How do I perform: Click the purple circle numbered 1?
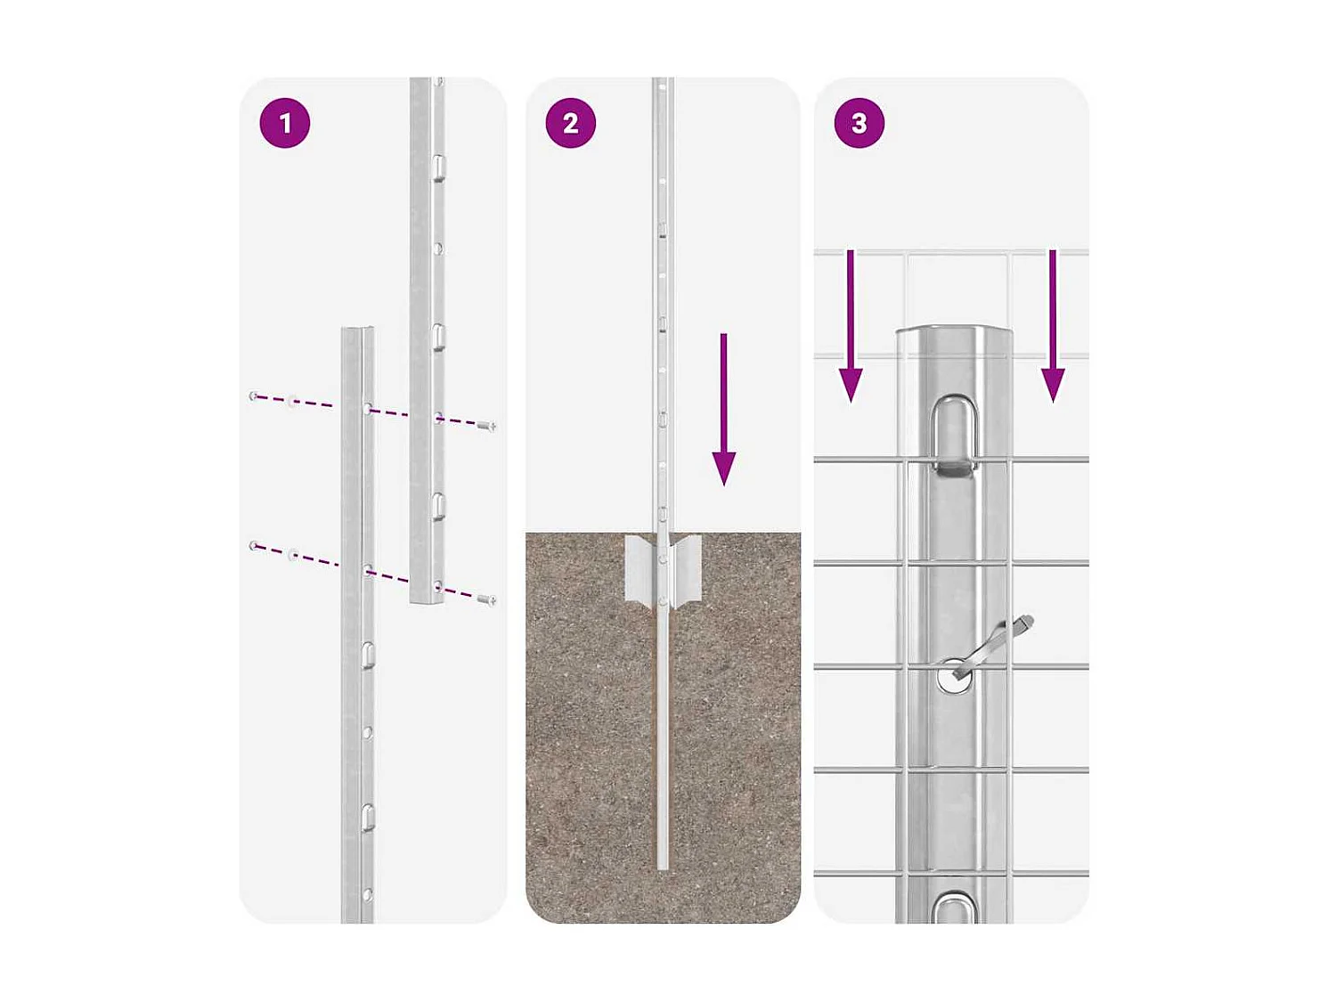tap(284, 123)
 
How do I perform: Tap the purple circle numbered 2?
tap(570, 123)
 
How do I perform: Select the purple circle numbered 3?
tap(859, 123)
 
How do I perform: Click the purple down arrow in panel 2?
tap(724, 410)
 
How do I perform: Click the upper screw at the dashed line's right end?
tap(485, 426)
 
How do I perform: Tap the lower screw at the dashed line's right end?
tap(485, 599)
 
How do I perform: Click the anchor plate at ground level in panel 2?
tap(663, 570)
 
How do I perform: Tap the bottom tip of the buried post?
tap(663, 866)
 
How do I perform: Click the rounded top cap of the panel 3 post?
tap(953, 334)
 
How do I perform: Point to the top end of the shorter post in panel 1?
tap(357, 330)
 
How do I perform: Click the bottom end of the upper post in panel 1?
tap(426, 601)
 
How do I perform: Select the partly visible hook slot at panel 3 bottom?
tap(953, 908)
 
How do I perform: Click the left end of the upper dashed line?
tap(254, 395)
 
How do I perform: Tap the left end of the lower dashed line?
tap(254, 545)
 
